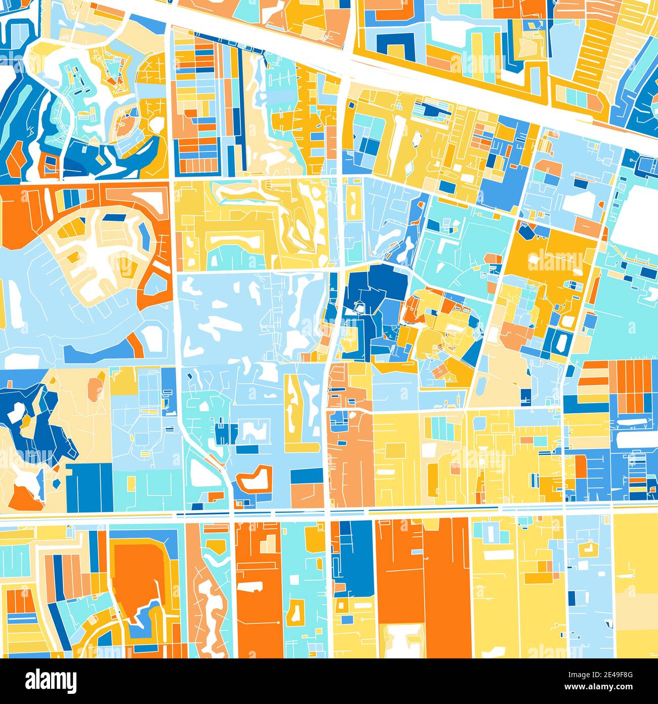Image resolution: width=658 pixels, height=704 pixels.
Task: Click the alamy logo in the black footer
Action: (51, 680)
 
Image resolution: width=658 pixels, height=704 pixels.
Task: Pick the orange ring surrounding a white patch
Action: (254, 478)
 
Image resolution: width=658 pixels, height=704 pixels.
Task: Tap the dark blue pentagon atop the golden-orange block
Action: (526, 231)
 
